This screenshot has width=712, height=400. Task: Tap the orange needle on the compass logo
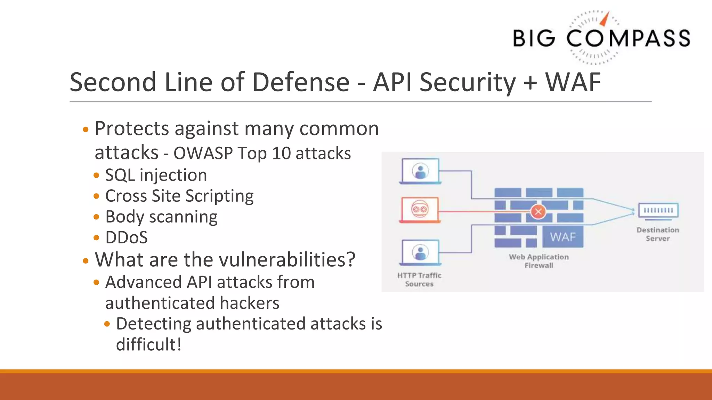[605, 19]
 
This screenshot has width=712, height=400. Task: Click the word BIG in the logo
[534, 38]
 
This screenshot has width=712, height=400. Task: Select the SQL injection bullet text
[156, 175]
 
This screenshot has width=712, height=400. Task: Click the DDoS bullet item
[126, 238]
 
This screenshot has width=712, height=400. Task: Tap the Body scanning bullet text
[161, 217]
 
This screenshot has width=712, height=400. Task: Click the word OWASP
[203, 153]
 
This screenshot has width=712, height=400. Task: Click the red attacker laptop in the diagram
[420, 210]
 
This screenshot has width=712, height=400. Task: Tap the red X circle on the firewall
[538, 211]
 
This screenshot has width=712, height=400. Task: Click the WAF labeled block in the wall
[563, 237]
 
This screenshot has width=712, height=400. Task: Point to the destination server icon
[658, 211]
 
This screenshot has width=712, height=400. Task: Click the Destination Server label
[657, 234]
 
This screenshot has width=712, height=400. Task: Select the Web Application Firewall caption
[539, 261]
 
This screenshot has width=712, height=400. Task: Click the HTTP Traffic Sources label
[419, 280]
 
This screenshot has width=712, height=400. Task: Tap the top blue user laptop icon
[420, 171]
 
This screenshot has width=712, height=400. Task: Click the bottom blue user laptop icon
[420, 252]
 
